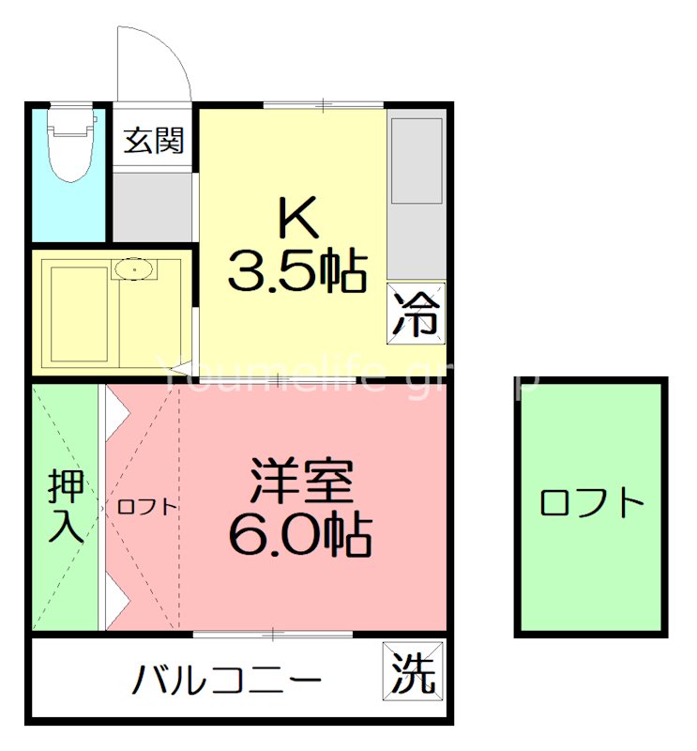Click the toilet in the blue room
pos(73,145)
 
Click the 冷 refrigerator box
pos(416,314)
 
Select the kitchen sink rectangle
pos(416,161)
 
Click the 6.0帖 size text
pos(300,534)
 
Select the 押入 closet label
pos(67,507)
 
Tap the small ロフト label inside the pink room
pos(146,507)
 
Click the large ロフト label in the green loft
pos(592,504)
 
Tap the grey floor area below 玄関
pos(153,205)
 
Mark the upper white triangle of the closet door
pos(115,408)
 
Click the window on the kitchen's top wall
pos(324,104)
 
